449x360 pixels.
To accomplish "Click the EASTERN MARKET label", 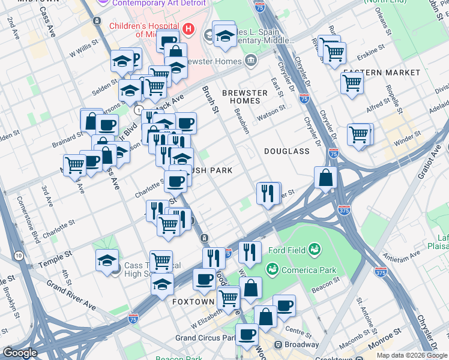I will coord(381,73).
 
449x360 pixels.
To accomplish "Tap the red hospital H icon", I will coord(188,28).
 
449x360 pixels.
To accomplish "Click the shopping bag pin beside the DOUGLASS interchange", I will coord(325,178).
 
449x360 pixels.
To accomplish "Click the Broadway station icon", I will coord(279,344).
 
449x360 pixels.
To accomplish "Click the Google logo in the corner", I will coord(20,353).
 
